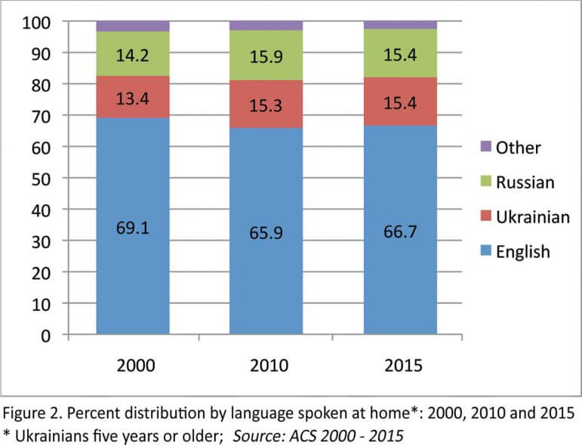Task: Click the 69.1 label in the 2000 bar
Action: (x=133, y=226)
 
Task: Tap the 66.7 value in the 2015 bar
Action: (x=401, y=231)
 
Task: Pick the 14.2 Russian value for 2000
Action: (x=133, y=54)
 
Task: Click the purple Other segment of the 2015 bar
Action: (x=401, y=25)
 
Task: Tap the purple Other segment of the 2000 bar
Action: (x=133, y=26)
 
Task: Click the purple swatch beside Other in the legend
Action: (x=485, y=146)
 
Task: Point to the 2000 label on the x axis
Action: (x=133, y=367)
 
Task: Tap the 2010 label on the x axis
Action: (x=267, y=367)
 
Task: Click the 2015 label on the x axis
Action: (x=401, y=367)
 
